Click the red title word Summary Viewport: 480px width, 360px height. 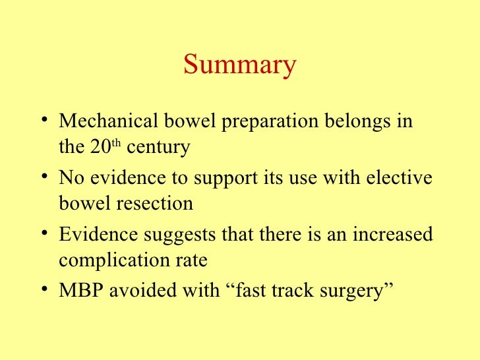pyautogui.click(x=240, y=66)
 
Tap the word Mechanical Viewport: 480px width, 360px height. pyautogui.click(x=107, y=123)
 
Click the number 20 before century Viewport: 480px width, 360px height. pyautogui.click(x=98, y=147)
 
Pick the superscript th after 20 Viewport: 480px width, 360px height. pyautogui.click(x=115, y=143)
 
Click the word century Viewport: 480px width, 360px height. pyautogui.click(x=158, y=148)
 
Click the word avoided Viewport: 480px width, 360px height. pyautogui.click(x=137, y=291)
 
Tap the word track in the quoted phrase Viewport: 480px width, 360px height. pyautogui.click(x=275, y=291)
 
